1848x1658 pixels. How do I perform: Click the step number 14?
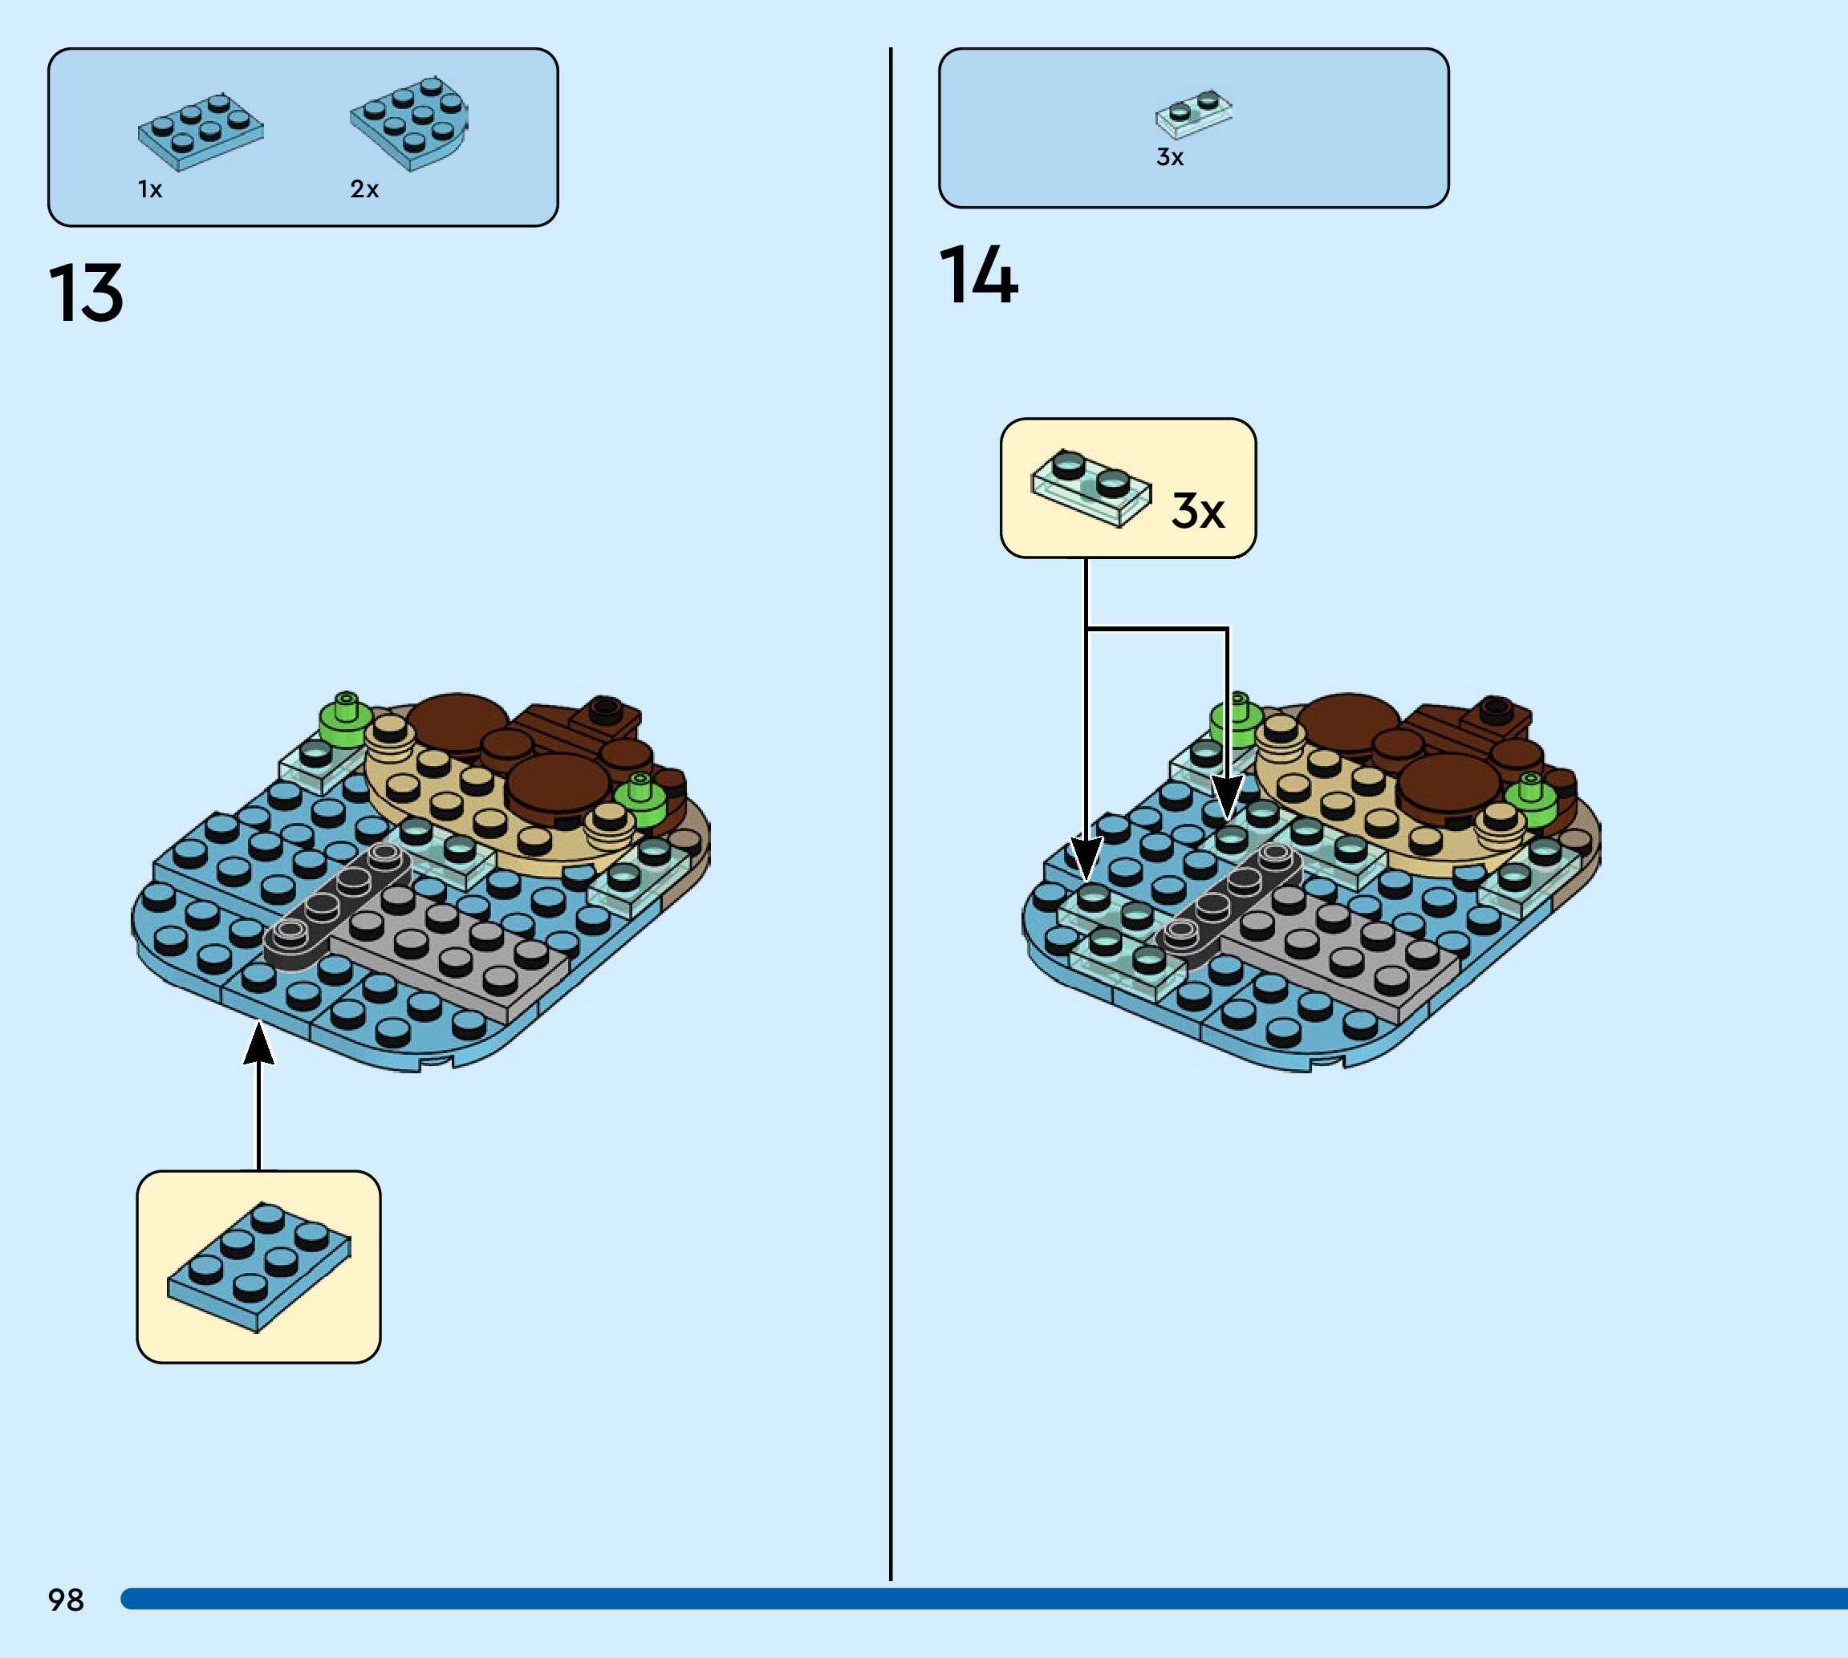[x=978, y=275]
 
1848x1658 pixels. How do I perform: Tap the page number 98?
[x=66, y=1599]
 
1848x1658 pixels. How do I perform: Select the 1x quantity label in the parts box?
[x=150, y=189]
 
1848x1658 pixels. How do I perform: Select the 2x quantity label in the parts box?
[x=364, y=189]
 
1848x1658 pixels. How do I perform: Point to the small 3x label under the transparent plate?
[x=1170, y=157]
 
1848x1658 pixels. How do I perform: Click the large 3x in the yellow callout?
[x=1197, y=510]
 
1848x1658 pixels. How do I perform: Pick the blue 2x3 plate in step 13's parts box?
[x=201, y=132]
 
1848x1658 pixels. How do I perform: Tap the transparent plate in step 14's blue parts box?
[x=1194, y=114]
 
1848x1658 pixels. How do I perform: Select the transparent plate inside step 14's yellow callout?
[x=1091, y=488]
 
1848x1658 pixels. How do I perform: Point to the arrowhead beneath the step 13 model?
[x=259, y=1043]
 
